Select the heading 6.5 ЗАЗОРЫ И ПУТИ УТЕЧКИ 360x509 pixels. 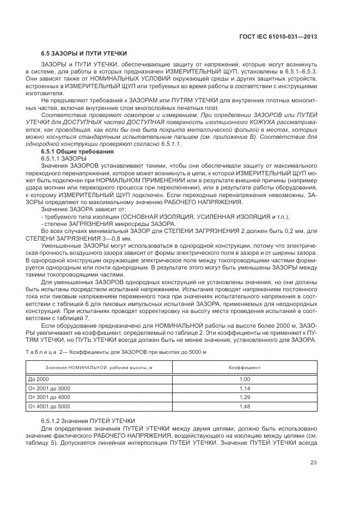(x=84, y=54)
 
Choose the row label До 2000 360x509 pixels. (x=39, y=379)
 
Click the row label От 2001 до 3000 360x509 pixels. (x=49, y=388)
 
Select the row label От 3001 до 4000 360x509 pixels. (x=49, y=397)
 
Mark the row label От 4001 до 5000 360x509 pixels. (x=49, y=406)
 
